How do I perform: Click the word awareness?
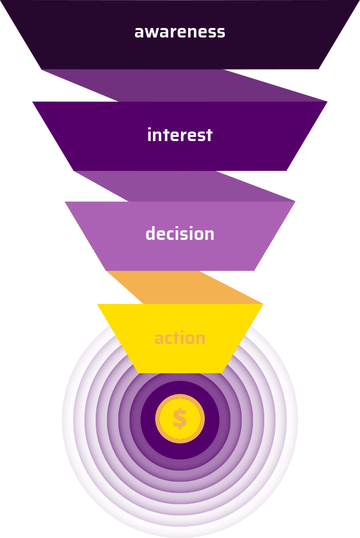point(180,32)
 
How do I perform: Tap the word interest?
point(180,135)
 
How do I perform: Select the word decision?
point(180,234)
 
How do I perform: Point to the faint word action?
point(180,339)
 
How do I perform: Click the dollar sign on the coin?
point(180,419)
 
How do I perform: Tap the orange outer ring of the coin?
point(158,419)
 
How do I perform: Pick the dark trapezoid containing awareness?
point(71,36)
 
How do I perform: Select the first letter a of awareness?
point(139,33)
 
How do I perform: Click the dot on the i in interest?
point(150,129)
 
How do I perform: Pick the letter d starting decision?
point(150,234)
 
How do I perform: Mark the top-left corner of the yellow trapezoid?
point(98,305)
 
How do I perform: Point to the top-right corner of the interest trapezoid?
point(326,102)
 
